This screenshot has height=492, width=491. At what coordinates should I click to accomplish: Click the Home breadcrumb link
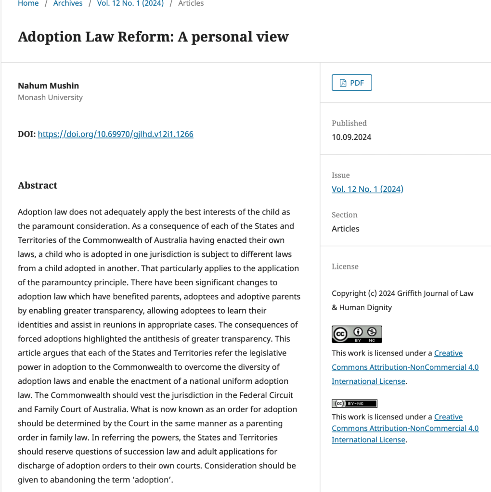pyautogui.click(x=28, y=3)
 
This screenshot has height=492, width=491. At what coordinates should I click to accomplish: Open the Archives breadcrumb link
pyautogui.click(x=68, y=3)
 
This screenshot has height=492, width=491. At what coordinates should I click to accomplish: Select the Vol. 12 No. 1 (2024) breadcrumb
pyautogui.click(x=130, y=3)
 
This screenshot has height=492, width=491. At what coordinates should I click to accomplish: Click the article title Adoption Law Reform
pyautogui.click(x=153, y=37)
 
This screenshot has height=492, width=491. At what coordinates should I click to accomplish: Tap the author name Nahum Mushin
pyautogui.click(x=48, y=86)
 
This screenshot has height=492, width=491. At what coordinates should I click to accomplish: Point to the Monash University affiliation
pyautogui.click(x=50, y=97)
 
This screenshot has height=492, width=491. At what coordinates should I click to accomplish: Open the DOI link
pyautogui.click(x=116, y=134)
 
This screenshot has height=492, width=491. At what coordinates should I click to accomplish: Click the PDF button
pyautogui.click(x=352, y=83)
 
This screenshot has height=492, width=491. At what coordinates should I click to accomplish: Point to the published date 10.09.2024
pyautogui.click(x=351, y=137)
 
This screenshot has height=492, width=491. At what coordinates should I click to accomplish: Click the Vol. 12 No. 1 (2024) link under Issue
pyautogui.click(x=367, y=189)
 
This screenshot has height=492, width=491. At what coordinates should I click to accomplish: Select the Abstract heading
pyautogui.click(x=38, y=186)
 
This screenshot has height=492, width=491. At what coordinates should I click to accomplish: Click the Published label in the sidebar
pyautogui.click(x=349, y=123)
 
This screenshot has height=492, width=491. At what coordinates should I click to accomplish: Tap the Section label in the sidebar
pyautogui.click(x=344, y=215)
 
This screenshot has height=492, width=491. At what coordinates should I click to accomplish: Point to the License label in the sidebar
pyautogui.click(x=345, y=266)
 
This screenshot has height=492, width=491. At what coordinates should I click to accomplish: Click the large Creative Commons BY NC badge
pyautogui.click(x=357, y=334)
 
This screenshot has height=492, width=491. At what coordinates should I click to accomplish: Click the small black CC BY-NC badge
pyautogui.click(x=354, y=404)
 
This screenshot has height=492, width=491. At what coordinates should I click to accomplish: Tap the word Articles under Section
pyautogui.click(x=345, y=228)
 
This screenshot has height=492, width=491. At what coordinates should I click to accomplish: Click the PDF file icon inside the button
pyautogui.click(x=343, y=83)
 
